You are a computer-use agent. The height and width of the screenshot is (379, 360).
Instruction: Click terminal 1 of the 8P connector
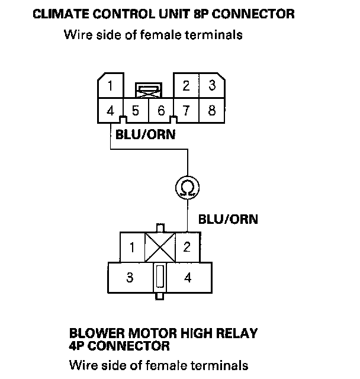coord(111,86)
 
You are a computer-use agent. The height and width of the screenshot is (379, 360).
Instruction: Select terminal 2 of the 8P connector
coord(186,86)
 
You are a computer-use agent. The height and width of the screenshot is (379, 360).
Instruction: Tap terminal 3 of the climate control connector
coord(211,86)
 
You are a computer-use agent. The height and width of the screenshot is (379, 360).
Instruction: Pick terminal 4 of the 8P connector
coord(111,110)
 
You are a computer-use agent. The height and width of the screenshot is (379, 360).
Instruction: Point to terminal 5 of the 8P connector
coord(136,110)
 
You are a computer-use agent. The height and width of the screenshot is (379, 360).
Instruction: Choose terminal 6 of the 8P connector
coord(160,110)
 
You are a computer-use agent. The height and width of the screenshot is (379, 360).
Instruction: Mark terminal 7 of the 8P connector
coord(186,110)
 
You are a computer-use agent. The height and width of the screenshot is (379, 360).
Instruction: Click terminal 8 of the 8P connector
coord(211,110)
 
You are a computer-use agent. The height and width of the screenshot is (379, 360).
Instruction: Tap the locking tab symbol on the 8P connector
coord(148,91)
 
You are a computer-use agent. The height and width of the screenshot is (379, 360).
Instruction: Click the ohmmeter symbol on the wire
coord(188,188)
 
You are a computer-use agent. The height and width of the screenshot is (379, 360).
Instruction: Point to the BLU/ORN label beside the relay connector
coord(229,219)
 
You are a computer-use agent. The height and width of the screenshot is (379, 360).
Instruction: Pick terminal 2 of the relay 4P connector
coord(187,247)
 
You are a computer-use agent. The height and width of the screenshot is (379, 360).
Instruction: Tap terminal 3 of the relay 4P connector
coord(130,277)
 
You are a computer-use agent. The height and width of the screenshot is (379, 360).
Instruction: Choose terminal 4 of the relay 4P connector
coord(188,277)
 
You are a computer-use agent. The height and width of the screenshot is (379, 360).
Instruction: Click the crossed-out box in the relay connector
coord(160,246)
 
